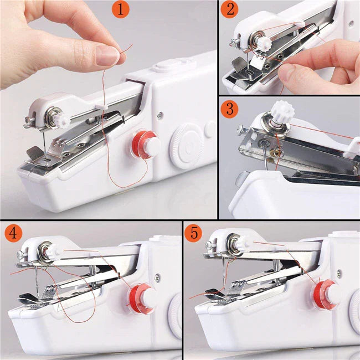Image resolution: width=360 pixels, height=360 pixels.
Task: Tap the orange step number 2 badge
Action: point(230,11)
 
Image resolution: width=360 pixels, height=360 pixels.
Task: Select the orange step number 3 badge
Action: point(230,109)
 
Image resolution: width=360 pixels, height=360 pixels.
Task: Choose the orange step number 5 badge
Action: point(193,234)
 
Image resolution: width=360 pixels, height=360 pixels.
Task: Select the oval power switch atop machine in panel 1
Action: point(162,67)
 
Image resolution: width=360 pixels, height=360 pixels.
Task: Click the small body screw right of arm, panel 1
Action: point(160,116)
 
